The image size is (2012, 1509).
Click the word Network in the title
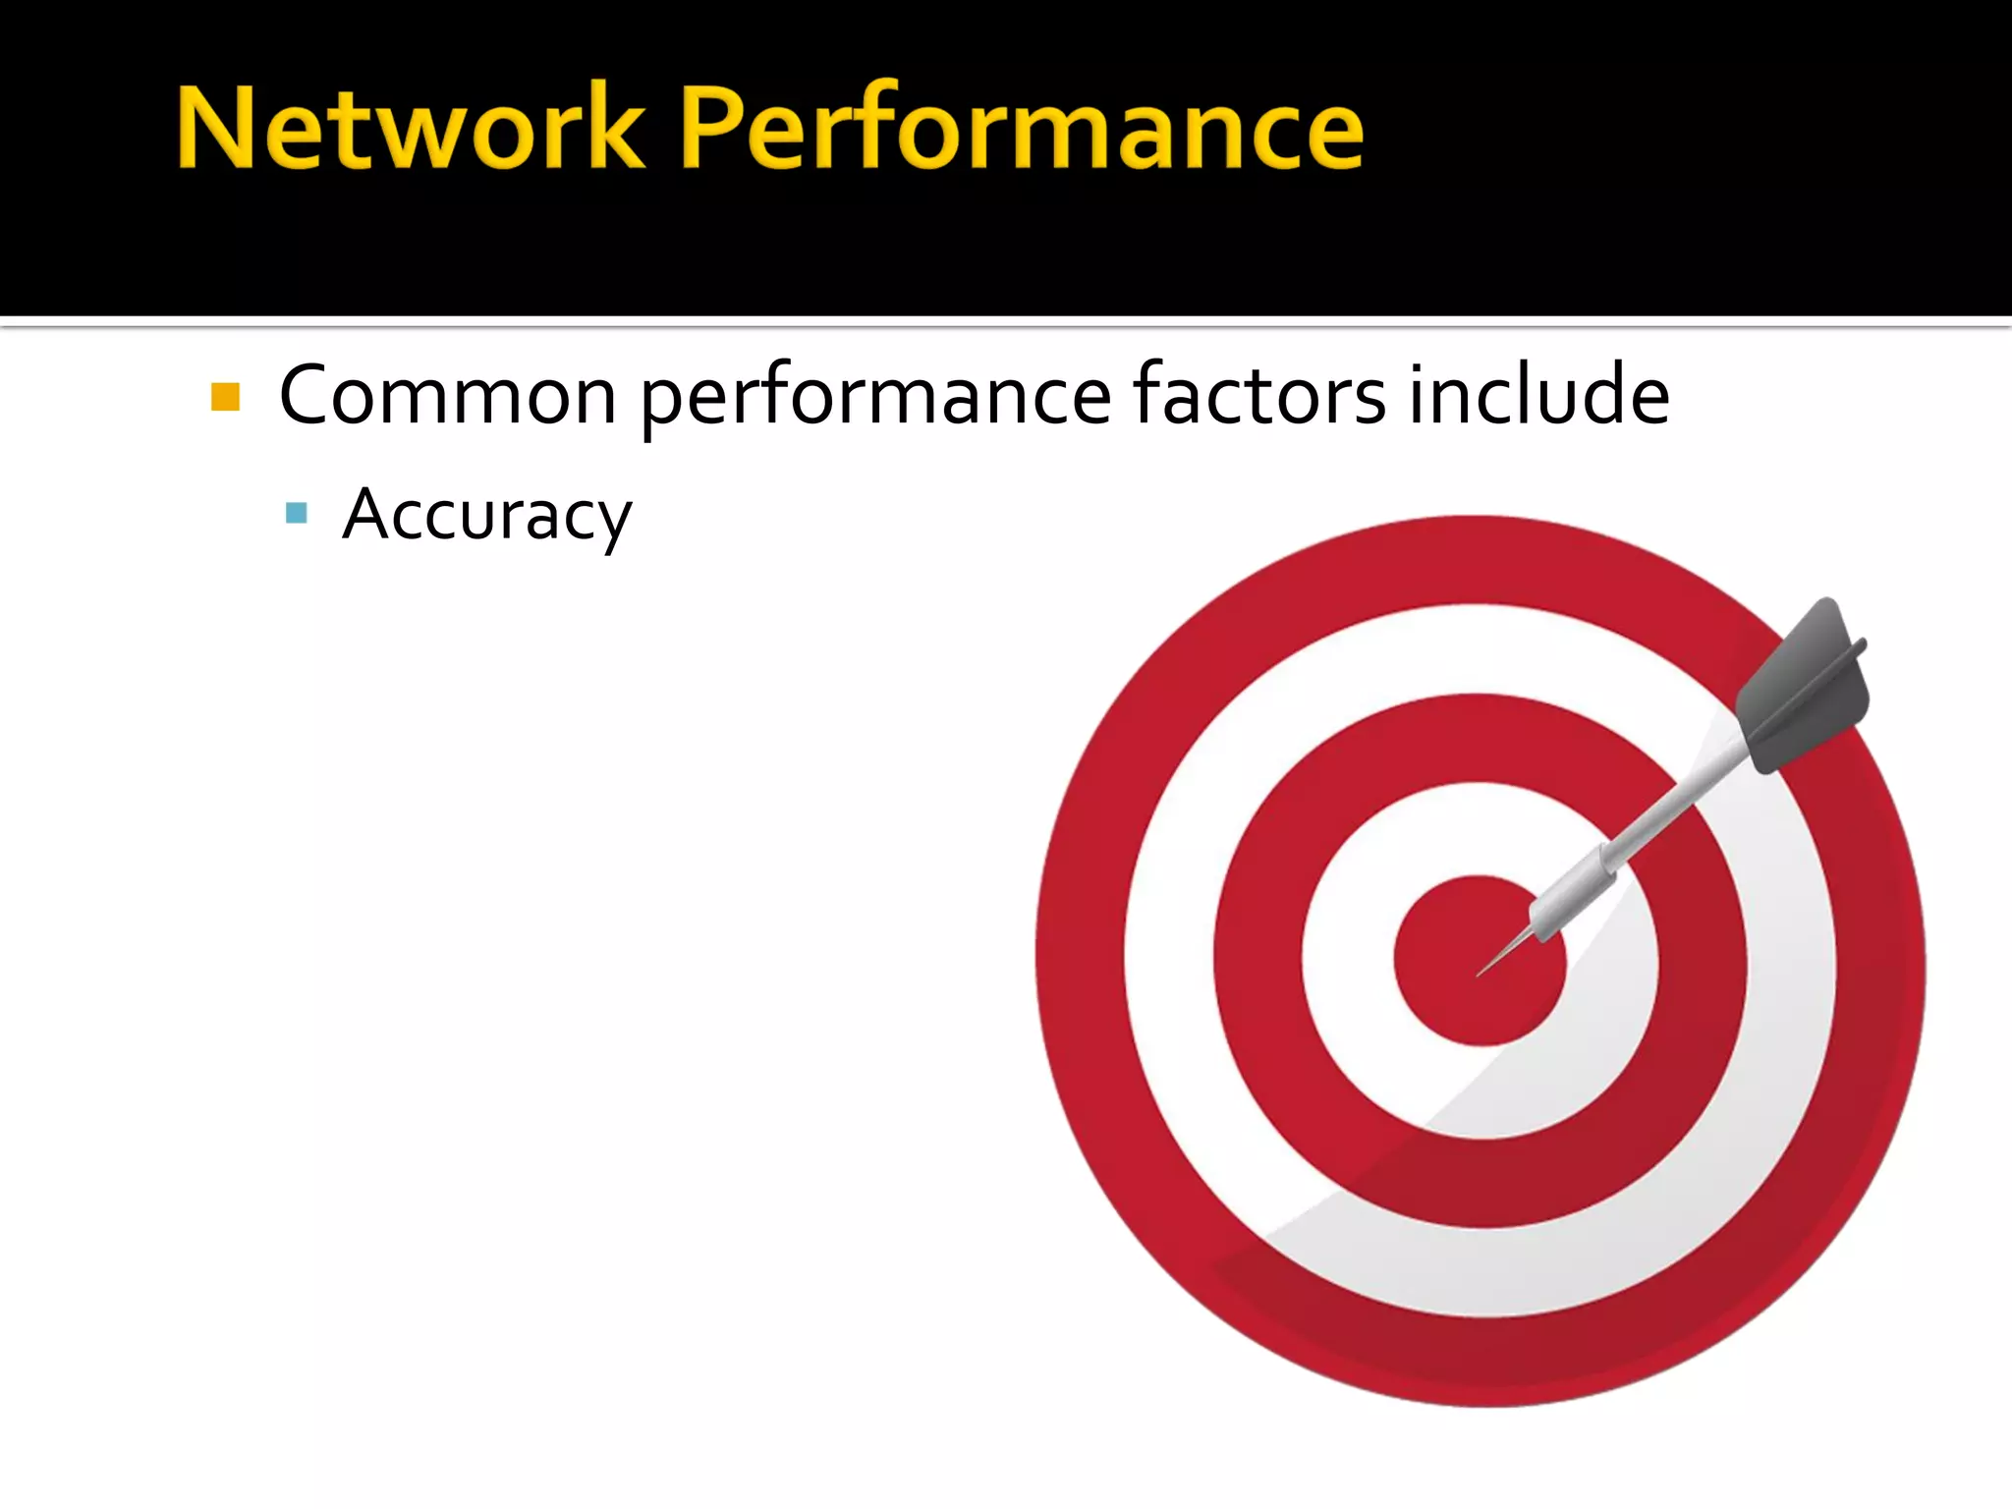(x=411, y=129)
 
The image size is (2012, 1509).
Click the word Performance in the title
(x=1022, y=129)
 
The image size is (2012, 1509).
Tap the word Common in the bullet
(x=448, y=395)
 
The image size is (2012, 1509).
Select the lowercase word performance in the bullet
(x=876, y=397)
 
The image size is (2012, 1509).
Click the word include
(x=1538, y=395)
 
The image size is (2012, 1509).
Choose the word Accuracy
(x=487, y=515)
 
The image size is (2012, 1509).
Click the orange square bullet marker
(x=226, y=397)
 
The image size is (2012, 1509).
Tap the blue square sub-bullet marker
(x=296, y=513)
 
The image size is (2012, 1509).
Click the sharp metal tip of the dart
(x=1493, y=964)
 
